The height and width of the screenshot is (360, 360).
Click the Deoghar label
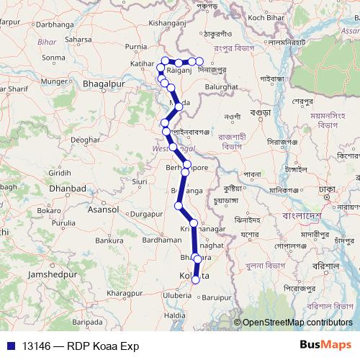click(84, 138)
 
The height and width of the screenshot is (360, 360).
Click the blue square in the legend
click(11, 346)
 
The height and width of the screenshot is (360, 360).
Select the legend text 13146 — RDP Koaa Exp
click(80, 346)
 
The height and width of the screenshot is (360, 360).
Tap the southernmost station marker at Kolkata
click(195, 279)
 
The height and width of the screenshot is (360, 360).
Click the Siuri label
click(140, 181)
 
